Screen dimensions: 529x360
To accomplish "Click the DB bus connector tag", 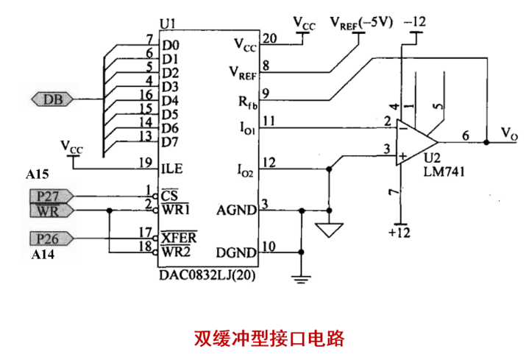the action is pos(52,99).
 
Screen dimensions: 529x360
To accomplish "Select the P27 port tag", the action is pos(52,197).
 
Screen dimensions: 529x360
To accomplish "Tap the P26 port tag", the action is pos(52,239).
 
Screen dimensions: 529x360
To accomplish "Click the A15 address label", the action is pos(38,174).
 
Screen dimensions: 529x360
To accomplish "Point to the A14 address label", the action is pos(43,254).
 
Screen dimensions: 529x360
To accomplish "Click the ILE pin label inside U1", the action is pos(172,169).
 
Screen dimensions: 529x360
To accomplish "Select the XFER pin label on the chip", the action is pos(179,238).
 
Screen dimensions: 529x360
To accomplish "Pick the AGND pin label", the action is pos(236,210).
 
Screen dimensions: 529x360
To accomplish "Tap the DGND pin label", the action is pos(236,253).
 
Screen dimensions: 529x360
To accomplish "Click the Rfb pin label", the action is pos(248,102).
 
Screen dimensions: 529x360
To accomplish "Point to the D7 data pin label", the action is pos(170,142).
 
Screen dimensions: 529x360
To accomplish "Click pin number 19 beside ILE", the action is pos(146,163).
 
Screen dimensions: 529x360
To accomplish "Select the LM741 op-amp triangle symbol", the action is pos(417,142).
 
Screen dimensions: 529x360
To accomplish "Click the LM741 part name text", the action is pos(444,172).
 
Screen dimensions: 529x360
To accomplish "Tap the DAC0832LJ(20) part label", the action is pos(207,275).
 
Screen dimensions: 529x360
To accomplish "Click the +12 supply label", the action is pos(400,233).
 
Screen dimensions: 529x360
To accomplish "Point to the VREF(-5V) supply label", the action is pos(362,24).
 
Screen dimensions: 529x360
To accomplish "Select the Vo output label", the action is pos(509,133).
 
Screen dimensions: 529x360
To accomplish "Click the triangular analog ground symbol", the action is pos(329,230).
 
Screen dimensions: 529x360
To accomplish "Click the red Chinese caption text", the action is pos(269,339).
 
